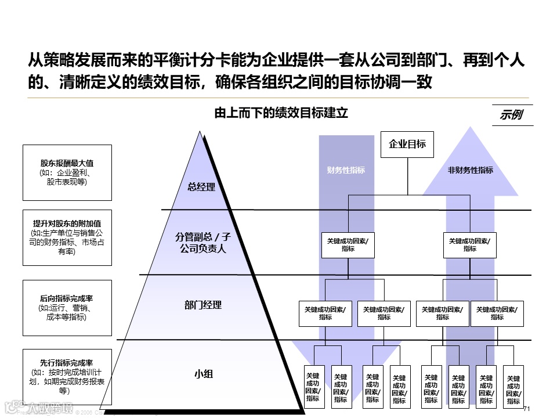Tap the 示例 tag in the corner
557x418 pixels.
coord(510,115)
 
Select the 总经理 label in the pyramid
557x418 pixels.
coord(201,187)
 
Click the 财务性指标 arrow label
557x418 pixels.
coord(346,170)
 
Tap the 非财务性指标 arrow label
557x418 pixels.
coord(470,170)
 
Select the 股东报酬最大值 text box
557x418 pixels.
coord(67,172)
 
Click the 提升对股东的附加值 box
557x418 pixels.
coord(67,237)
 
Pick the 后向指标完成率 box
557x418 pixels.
coord(67,308)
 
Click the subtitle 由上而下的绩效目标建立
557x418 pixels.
coord(281,113)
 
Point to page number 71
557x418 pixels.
coord(527,409)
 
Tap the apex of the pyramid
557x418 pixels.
coord(201,133)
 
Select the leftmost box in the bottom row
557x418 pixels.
coord(313,384)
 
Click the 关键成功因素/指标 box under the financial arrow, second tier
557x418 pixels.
coord(348,244)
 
